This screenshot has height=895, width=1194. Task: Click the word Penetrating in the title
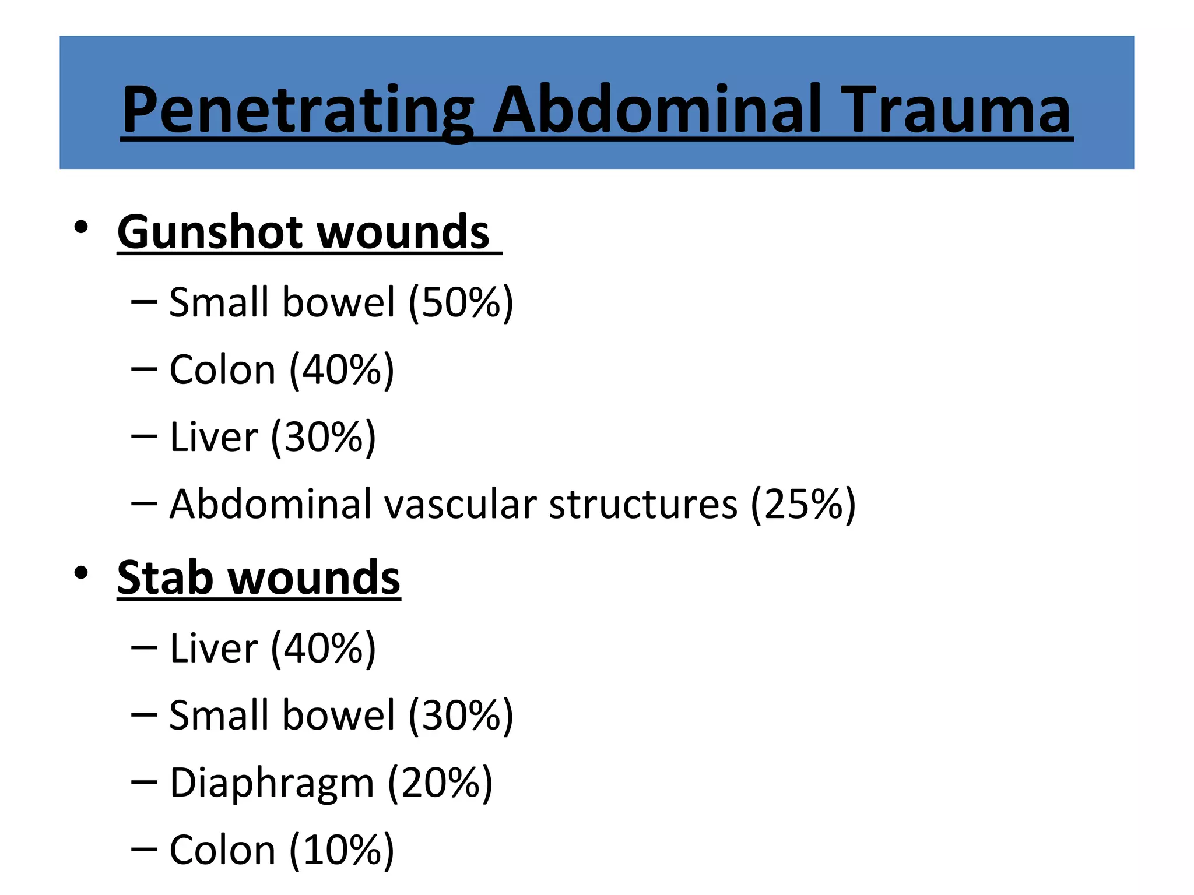pos(297,111)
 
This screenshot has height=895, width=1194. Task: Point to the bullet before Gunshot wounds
pos(81,227)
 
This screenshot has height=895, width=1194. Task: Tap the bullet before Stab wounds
pos(81,573)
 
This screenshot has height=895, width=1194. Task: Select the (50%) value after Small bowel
pos(461,302)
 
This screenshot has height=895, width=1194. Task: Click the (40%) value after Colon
pos(342,370)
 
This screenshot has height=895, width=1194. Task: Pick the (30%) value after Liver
pos(324,437)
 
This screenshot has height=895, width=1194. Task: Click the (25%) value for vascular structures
pos(803,504)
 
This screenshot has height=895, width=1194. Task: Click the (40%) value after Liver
pos(324,648)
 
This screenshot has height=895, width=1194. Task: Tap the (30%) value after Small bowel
pos(461,716)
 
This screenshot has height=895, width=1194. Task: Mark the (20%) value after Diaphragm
pos(440,783)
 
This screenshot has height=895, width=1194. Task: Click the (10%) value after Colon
pos(342,850)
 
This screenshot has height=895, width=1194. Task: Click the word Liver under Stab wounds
pos(213,648)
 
